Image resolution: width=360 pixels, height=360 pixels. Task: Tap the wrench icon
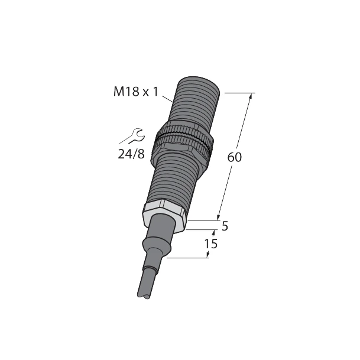132,136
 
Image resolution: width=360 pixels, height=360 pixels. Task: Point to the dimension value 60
235,158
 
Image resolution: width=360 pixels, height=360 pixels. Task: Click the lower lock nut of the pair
180,148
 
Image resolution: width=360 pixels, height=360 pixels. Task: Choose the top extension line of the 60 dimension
239,93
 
